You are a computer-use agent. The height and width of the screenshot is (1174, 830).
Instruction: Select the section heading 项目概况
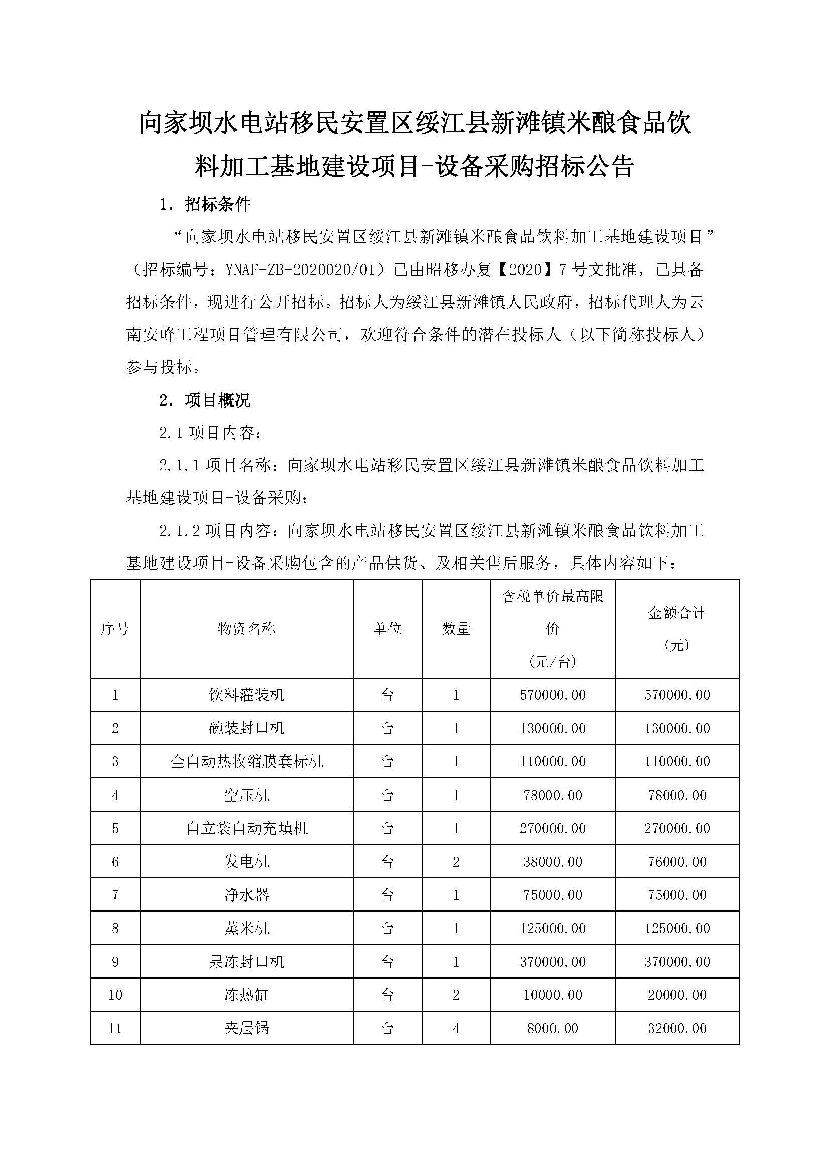pos(217,400)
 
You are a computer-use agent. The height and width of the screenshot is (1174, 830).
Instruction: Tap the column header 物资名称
pos(246,628)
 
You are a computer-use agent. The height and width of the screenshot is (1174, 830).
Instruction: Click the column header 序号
pos(115,628)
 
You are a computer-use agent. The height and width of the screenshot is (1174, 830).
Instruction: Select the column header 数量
pos(456,628)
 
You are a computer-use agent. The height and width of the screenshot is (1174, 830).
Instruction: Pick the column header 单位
pos(387,628)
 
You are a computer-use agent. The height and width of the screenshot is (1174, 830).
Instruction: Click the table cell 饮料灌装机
pos(246,695)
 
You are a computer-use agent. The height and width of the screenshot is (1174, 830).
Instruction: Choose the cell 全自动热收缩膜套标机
pos(246,761)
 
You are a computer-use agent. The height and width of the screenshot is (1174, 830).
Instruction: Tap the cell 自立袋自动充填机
pos(246,828)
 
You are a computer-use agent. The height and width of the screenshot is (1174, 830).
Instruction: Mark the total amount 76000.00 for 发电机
pos(676,862)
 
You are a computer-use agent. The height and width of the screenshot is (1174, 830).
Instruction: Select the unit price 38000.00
pos(552,862)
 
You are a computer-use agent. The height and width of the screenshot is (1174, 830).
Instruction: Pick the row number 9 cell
pos(115,961)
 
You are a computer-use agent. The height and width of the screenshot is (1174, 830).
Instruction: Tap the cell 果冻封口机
pos(246,961)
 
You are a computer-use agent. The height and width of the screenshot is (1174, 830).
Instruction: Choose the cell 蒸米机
pos(246,928)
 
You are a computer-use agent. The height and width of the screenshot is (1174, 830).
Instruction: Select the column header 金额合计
pos(676,613)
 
